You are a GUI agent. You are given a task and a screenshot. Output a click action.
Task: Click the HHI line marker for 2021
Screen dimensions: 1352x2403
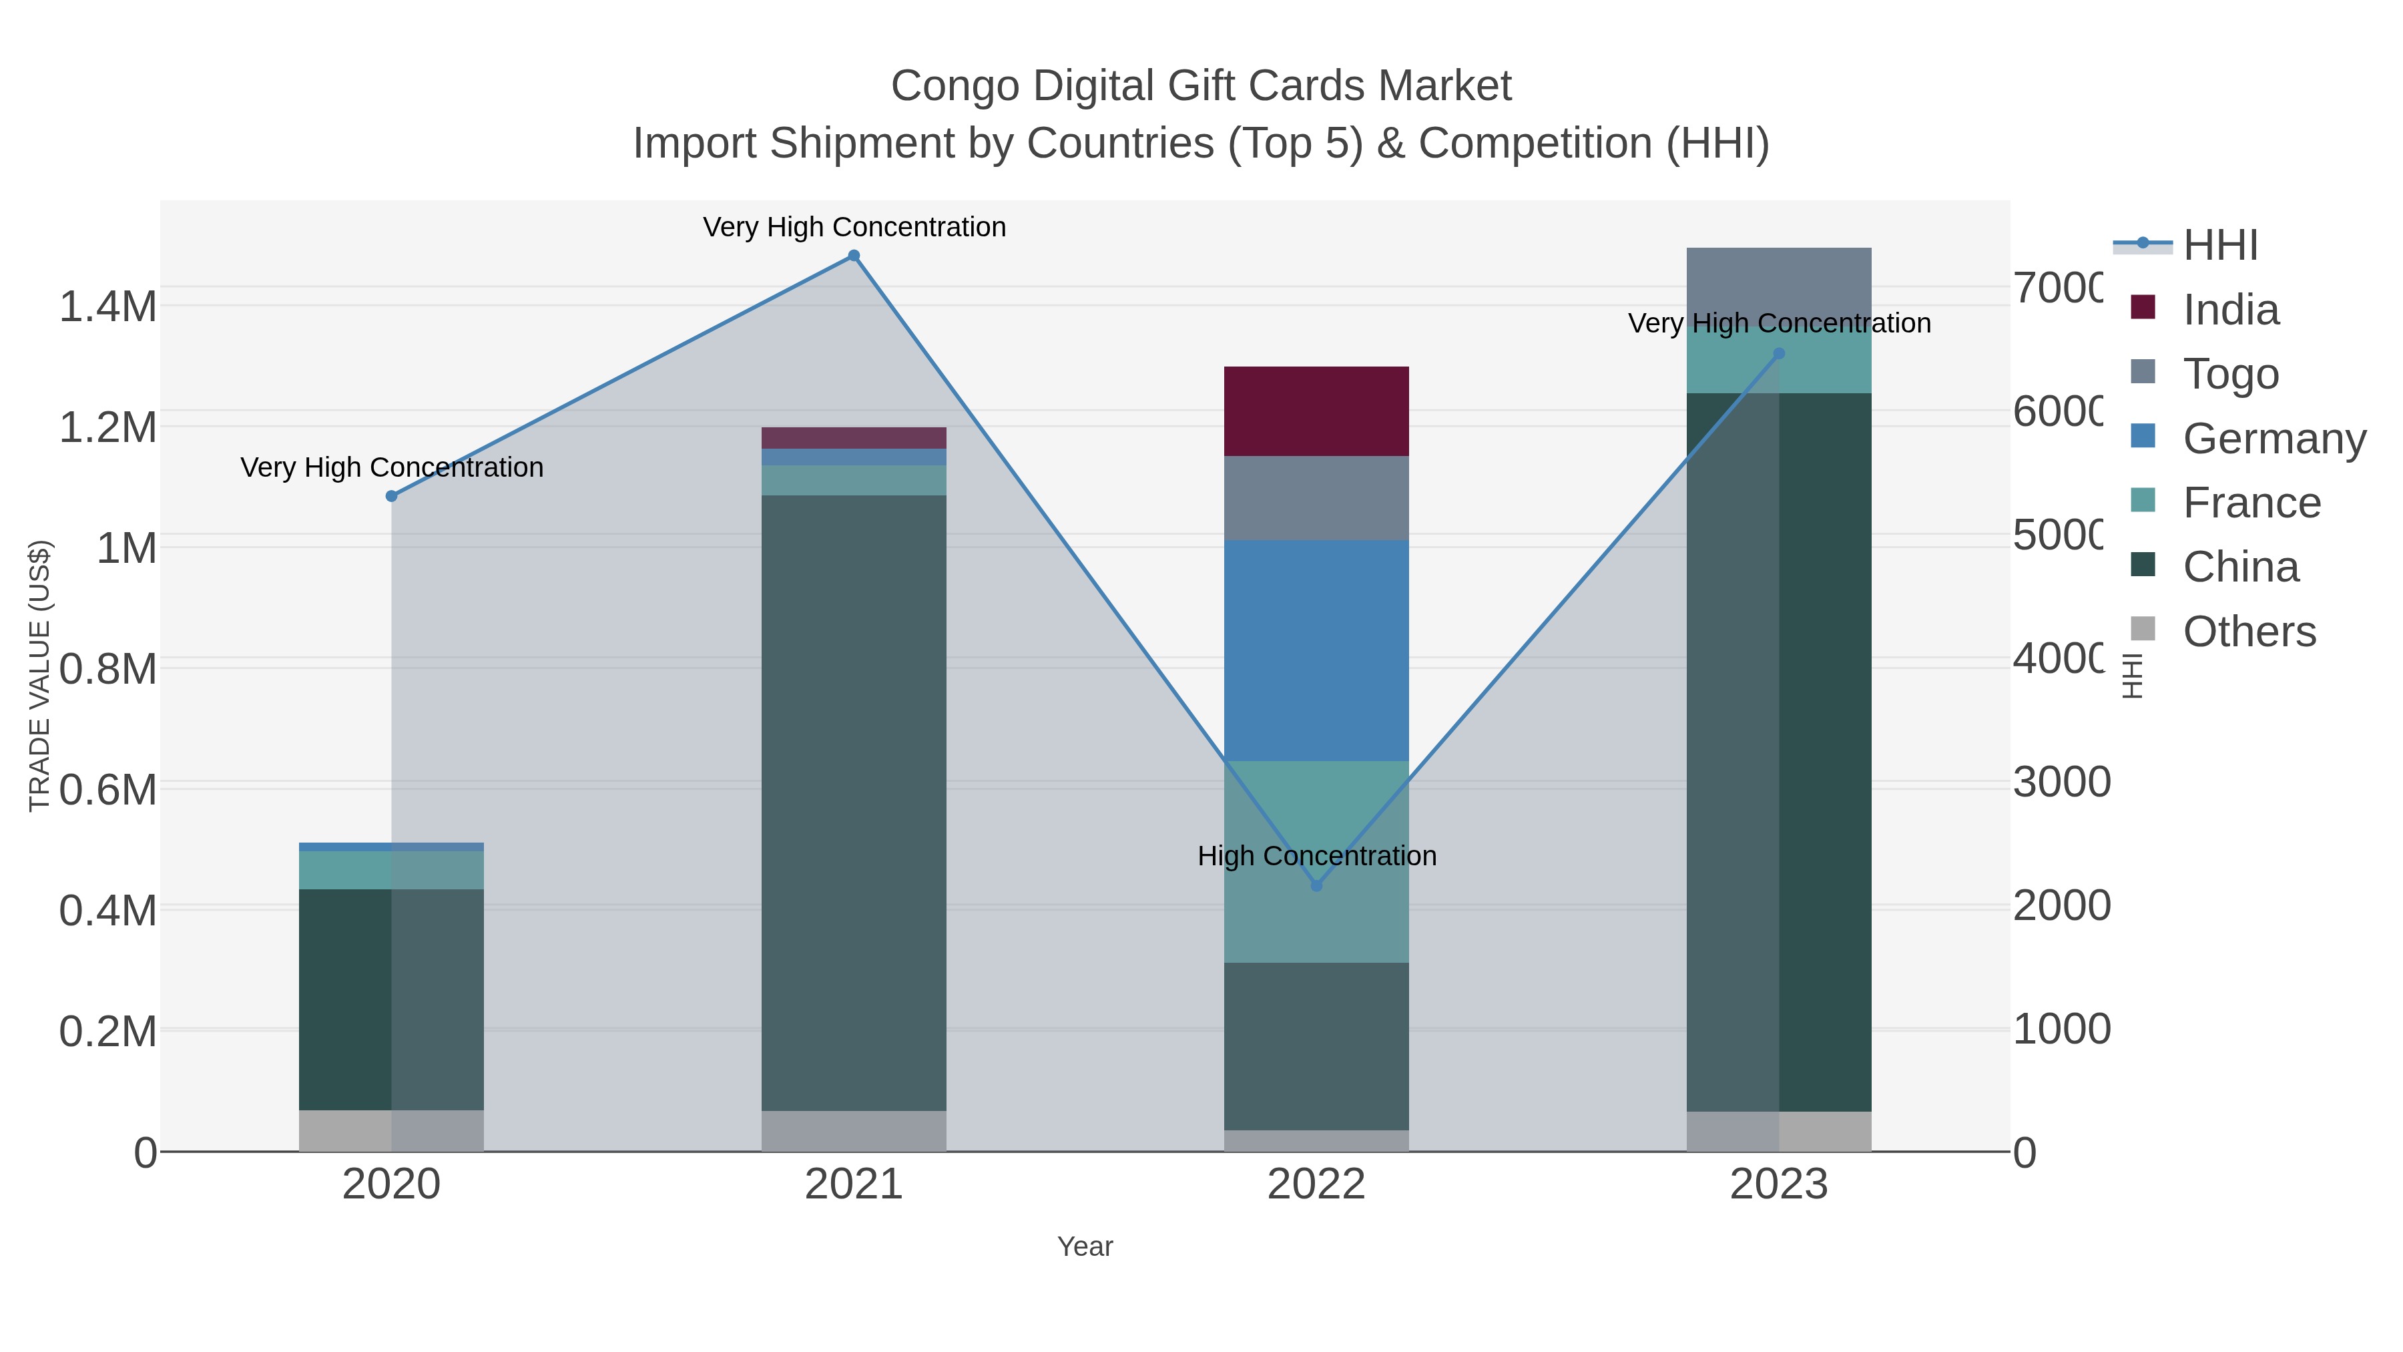[x=854, y=256]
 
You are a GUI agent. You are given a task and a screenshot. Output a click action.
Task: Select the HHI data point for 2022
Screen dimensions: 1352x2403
[x=1316, y=885]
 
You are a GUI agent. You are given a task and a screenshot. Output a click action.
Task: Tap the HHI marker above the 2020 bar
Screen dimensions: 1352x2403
[x=392, y=496]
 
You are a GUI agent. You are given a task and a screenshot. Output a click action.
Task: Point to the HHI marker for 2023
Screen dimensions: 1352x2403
[x=1779, y=354]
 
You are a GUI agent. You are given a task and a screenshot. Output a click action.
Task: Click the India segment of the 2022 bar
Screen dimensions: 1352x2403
[x=1316, y=411]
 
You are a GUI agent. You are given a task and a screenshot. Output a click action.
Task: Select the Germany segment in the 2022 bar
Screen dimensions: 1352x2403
[x=1316, y=650]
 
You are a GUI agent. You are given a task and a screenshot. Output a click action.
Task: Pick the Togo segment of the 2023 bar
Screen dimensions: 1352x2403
[x=1779, y=280]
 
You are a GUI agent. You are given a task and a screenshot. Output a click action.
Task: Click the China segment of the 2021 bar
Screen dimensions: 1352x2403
[x=854, y=803]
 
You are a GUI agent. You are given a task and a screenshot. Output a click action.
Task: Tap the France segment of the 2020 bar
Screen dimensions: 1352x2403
[x=392, y=869]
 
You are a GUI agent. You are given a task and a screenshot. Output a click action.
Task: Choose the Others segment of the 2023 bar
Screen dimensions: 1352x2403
[x=1779, y=1131]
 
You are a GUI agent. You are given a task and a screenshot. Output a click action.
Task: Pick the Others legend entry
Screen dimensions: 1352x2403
[x=2248, y=632]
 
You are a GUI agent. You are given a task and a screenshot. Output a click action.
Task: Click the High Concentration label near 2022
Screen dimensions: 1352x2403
[x=1316, y=856]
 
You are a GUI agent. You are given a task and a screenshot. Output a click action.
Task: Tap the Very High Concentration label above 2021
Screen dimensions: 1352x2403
[x=854, y=227]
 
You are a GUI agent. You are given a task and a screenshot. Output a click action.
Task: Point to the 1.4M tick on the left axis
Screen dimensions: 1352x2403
[x=107, y=307]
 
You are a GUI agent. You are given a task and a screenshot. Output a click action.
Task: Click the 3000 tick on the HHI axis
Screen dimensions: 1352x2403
[x=2060, y=782]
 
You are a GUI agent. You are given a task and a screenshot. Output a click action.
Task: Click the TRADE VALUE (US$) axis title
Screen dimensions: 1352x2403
[x=39, y=676]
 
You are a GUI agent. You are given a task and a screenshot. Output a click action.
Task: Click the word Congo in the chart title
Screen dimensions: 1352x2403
[x=955, y=86]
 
